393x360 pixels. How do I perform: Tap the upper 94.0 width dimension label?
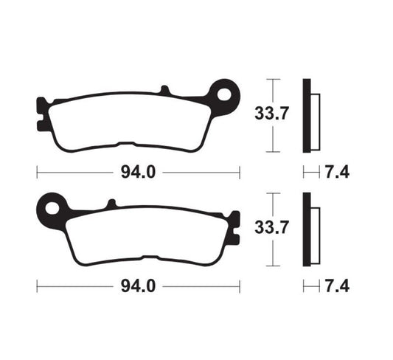click(x=138, y=173)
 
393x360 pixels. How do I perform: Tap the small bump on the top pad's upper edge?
click(x=165, y=90)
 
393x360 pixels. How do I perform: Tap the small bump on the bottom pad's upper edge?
click(x=111, y=203)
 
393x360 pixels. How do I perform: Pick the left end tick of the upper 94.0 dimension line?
click(x=37, y=173)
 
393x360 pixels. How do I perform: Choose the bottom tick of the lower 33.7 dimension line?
click(x=274, y=264)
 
